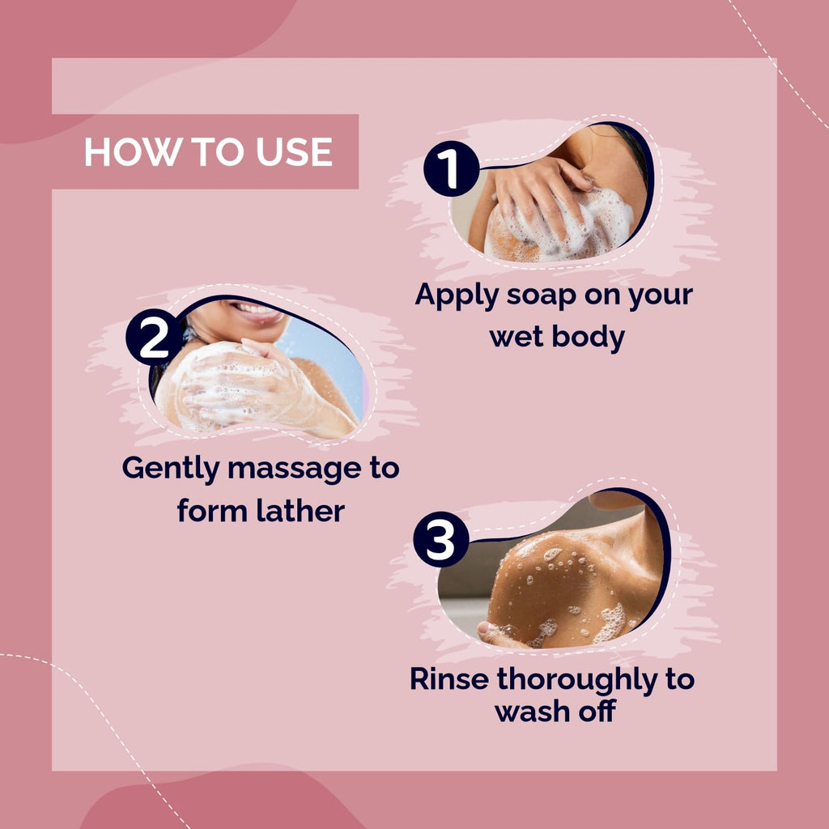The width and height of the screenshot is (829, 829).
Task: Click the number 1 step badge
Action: [451, 168]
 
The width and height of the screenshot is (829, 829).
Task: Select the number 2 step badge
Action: [154, 337]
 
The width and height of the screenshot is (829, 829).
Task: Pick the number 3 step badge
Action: [441, 539]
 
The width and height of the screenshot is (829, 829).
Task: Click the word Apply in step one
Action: [457, 296]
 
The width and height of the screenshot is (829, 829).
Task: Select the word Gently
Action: [170, 470]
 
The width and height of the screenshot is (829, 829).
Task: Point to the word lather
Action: [300, 512]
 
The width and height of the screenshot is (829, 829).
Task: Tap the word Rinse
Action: [449, 679]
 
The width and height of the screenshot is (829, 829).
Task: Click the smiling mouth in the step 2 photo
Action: [258, 312]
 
